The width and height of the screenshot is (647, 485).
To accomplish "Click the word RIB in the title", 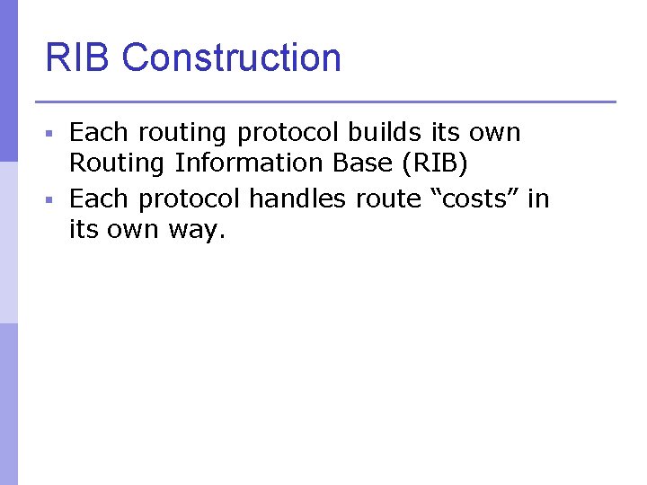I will click(x=78, y=57).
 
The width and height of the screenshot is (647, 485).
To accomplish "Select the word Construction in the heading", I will click(x=231, y=57).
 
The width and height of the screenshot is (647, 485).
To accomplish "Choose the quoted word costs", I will click(x=475, y=198).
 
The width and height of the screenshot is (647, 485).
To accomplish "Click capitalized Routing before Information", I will click(x=117, y=163).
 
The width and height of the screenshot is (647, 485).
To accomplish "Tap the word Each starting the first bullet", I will click(x=97, y=133).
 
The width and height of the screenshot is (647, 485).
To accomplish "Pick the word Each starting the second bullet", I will click(x=97, y=198).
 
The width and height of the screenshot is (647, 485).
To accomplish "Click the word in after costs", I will click(x=538, y=198).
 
